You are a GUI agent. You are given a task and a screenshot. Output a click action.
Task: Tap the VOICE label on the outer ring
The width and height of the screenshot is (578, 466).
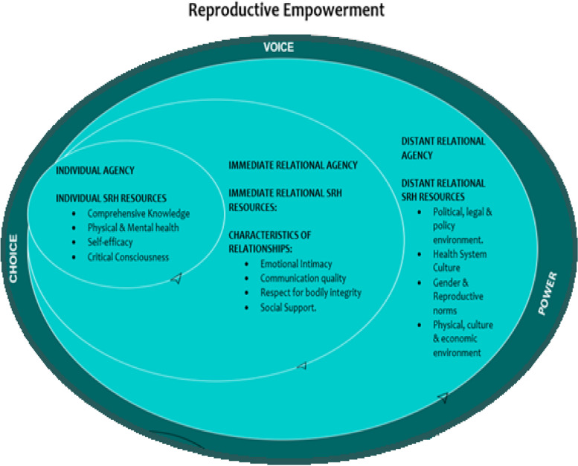(279, 48)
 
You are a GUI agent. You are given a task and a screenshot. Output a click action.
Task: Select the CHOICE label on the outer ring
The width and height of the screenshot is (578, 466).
(13, 259)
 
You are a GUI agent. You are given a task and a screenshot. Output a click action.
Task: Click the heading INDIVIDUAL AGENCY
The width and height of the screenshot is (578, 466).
(95, 170)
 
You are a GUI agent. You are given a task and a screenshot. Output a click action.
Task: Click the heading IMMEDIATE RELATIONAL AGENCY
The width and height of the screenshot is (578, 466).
(293, 165)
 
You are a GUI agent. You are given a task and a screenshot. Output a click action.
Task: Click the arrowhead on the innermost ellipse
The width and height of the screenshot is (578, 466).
(176, 279)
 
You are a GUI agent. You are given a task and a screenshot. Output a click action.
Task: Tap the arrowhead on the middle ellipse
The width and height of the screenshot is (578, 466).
(301, 366)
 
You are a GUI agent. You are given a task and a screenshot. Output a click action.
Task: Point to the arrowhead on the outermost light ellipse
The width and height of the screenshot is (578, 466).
(443, 397)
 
